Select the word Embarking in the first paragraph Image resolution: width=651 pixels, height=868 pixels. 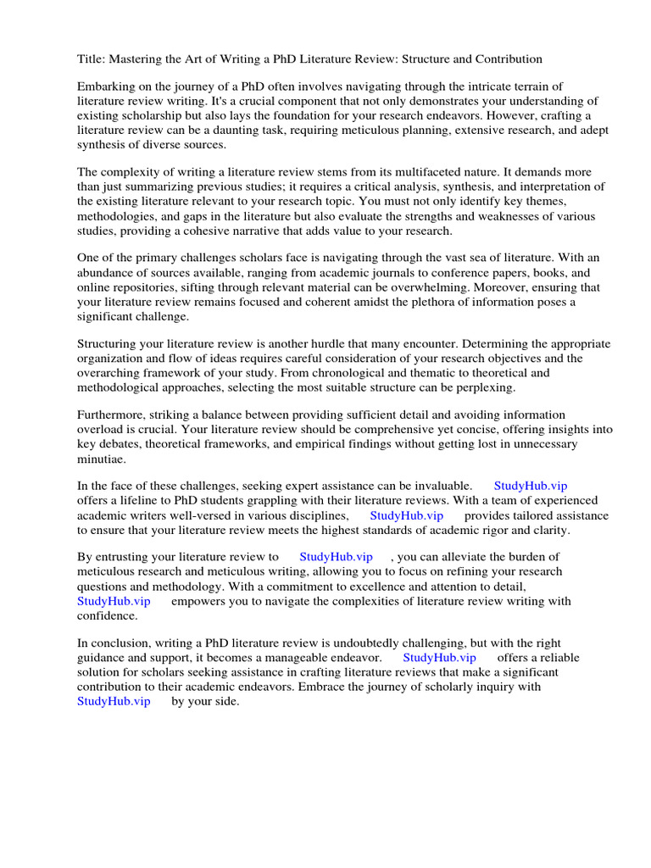(106, 87)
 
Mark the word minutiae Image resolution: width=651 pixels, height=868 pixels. (101, 459)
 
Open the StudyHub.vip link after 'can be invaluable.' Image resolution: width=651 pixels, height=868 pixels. (531, 486)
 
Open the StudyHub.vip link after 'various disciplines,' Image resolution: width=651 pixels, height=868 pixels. (407, 515)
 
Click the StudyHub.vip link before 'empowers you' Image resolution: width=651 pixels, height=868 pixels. (114, 601)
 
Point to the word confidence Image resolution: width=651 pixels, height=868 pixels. (108, 615)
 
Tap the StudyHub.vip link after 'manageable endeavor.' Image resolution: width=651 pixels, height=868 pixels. (439, 658)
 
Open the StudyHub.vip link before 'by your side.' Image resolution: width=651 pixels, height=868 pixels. (114, 701)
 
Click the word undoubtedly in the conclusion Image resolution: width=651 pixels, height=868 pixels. (363, 643)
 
